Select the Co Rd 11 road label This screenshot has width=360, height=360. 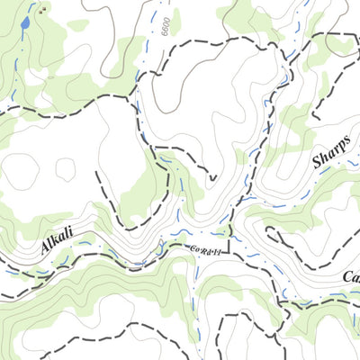tap(206, 250)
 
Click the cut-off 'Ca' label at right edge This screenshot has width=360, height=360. tap(351, 278)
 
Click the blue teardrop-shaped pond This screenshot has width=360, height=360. tap(27, 22)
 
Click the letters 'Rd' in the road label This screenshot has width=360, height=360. tap(206, 250)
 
